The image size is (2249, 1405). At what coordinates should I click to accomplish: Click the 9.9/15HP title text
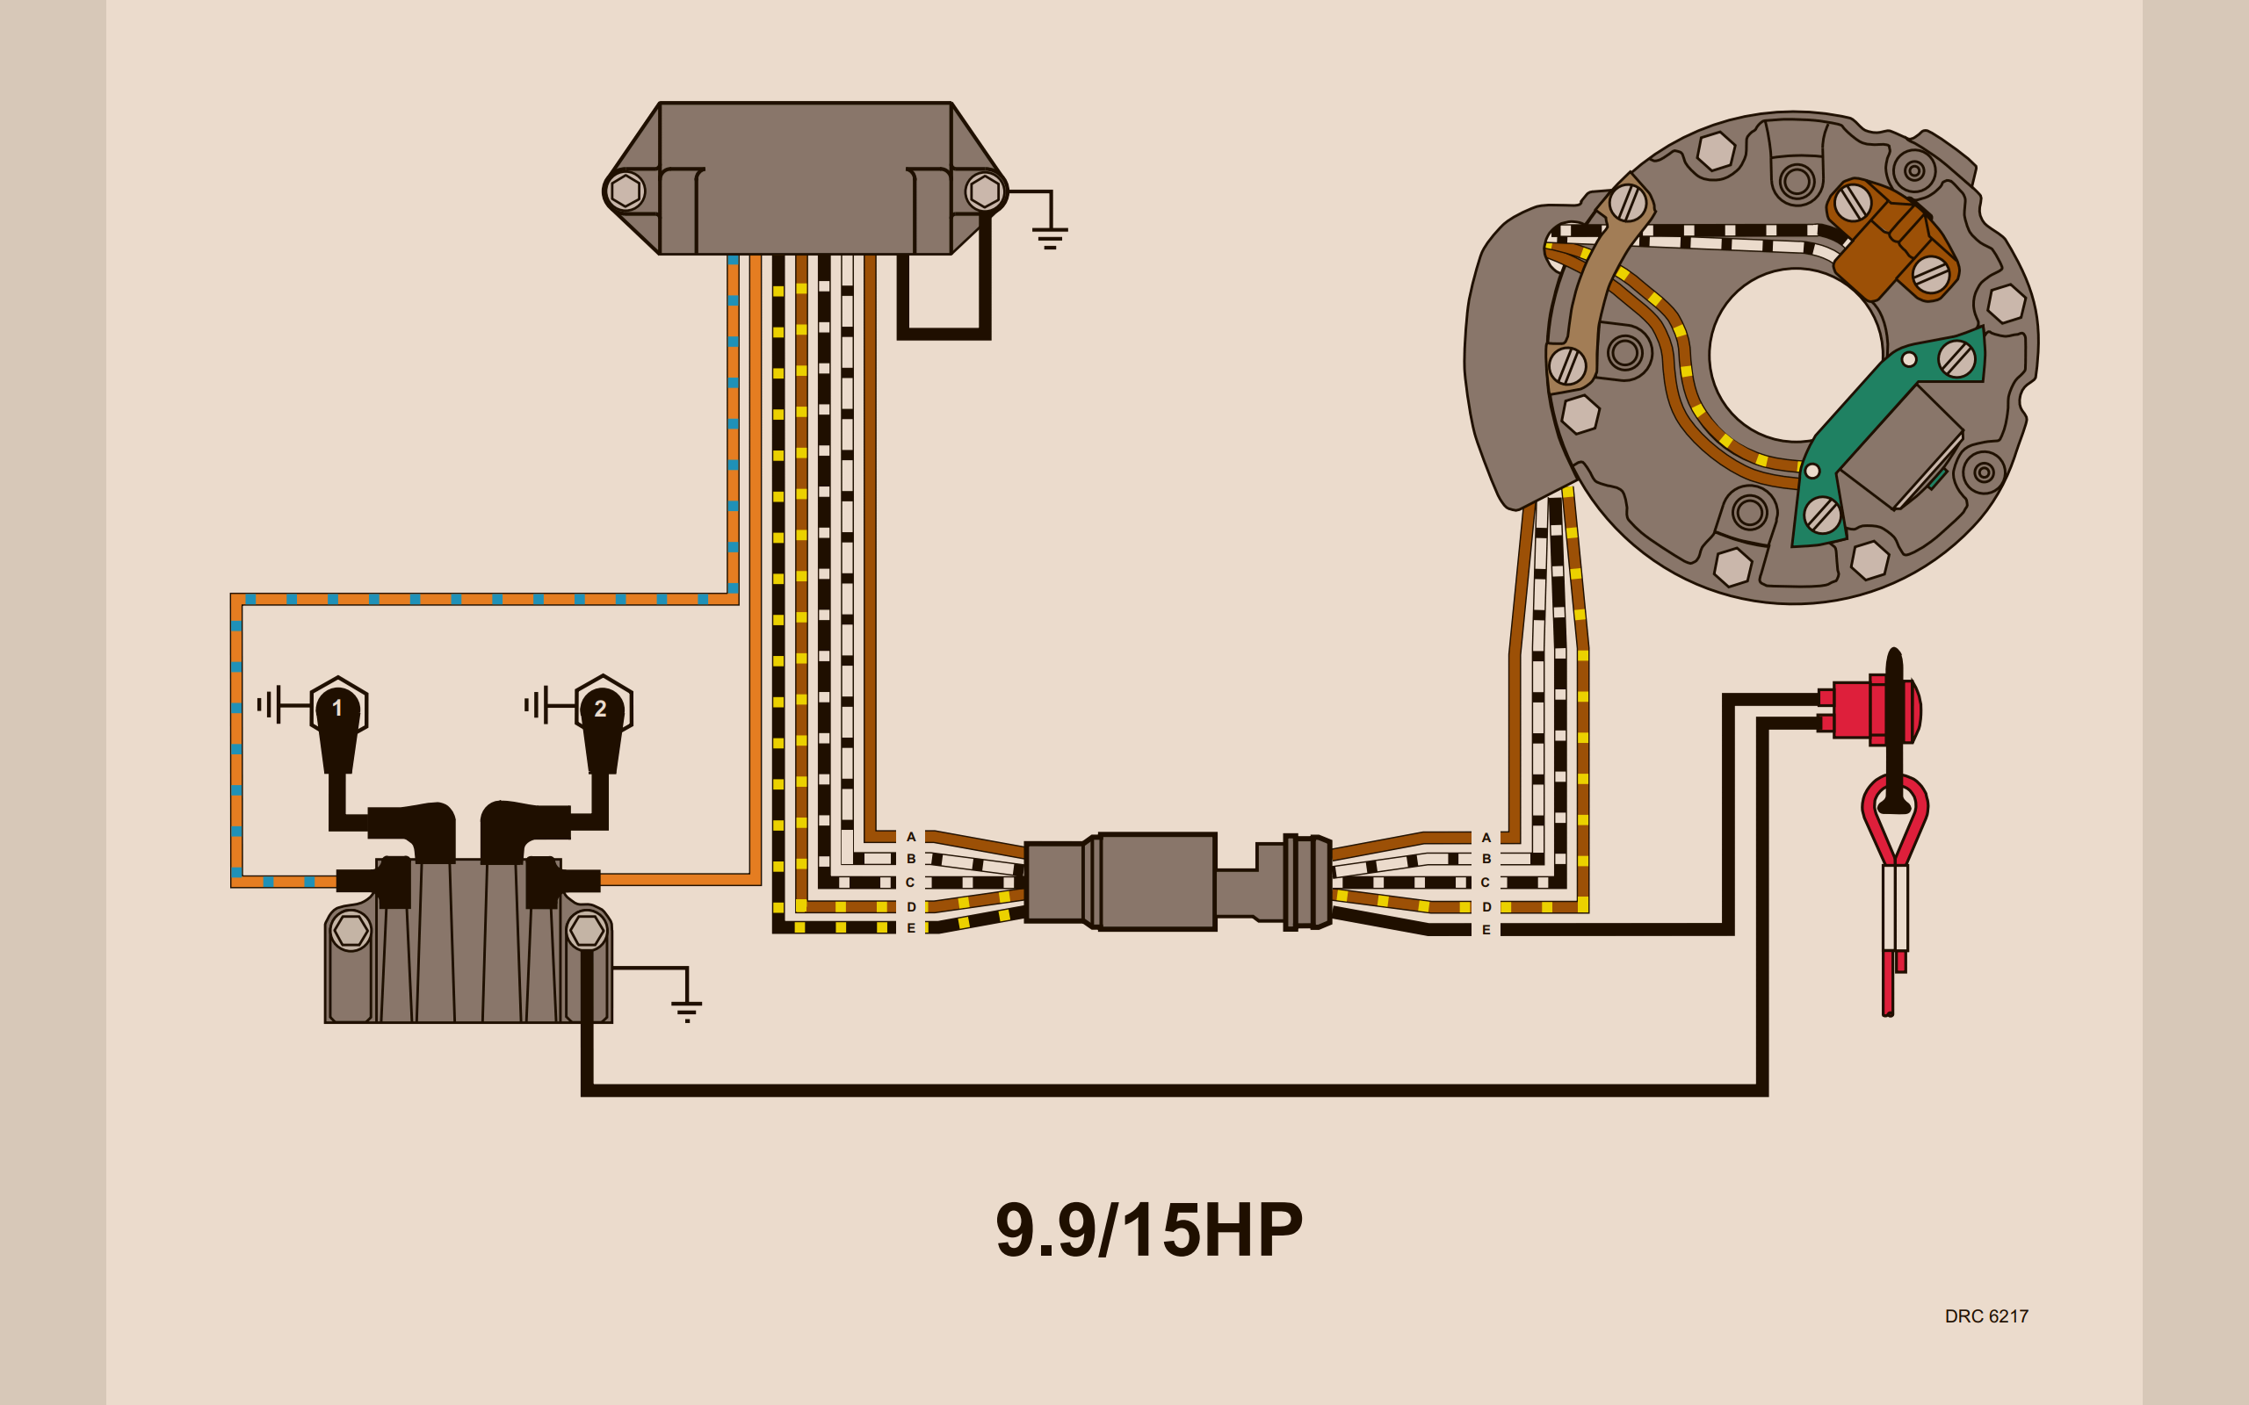pyautogui.click(x=1149, y=1230)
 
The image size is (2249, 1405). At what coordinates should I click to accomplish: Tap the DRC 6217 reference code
pyautogui.click(x=1986, y=1315)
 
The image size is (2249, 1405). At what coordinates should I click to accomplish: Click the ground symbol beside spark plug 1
pyautogui.click(x=270, y=704)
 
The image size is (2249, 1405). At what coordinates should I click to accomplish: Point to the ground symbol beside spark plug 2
pyautogui.click(x=536, y=704)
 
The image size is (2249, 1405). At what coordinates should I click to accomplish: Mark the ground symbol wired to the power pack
pyautogui.click(x=1049, y=236)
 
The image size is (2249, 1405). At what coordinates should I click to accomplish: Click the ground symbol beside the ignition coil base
pyautogui.click(x=687, y=1009)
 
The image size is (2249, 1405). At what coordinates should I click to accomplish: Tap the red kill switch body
pyautogui.click(x=1869, y=711)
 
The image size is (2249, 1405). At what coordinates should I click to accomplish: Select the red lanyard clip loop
pyautogui.click(x=1894, y=818)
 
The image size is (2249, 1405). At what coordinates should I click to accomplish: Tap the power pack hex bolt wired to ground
pyautogui.click(x=984, y=191)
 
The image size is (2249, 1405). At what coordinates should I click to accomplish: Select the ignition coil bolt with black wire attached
pyautogui.click(x=587, y=929)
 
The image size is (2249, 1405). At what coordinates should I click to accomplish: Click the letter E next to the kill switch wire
pyautogui.click(x=1486, y=929)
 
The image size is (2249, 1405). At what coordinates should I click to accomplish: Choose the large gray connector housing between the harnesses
pyautogui.click(x=1156, y=881)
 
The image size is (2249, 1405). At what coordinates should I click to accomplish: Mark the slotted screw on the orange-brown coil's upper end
pyautogui.click(x=1852, y=202)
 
